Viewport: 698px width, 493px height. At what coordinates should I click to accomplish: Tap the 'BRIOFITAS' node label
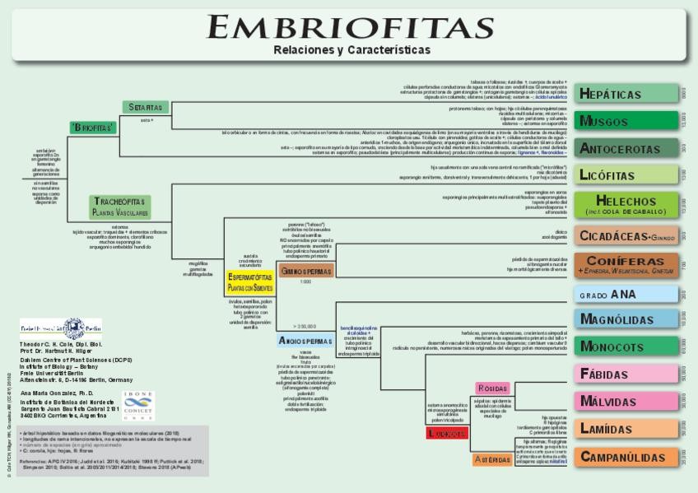[92, 128]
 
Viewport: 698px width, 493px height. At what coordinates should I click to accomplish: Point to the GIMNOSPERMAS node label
[305, 270]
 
